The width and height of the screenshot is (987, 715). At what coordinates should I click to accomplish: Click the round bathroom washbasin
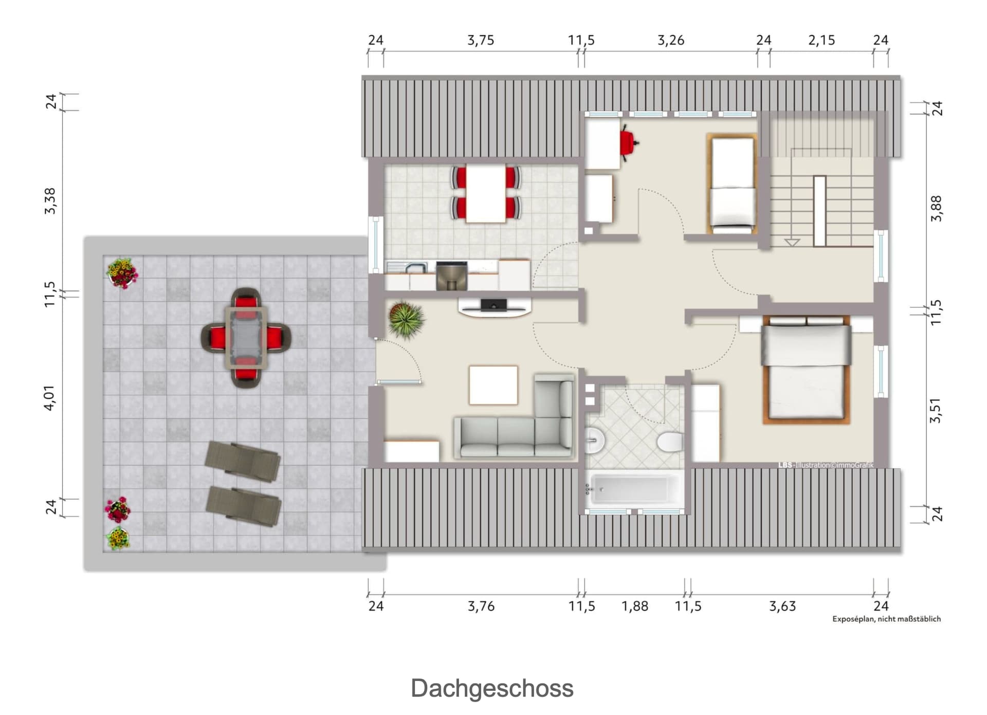coord(594,441)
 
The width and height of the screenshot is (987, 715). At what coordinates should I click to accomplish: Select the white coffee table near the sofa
coord(493,384)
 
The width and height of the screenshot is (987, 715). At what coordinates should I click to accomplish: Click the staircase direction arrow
coord(792,242)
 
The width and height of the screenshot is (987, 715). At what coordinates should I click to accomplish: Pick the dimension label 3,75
coord(481,40)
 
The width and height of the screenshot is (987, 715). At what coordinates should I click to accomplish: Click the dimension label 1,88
coord(635,606)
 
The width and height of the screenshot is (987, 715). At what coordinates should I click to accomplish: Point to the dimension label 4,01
coord(49,398)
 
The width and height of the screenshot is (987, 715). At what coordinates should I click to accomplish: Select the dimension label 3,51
coord(936,410)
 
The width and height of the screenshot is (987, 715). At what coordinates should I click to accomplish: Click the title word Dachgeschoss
coord(492,688)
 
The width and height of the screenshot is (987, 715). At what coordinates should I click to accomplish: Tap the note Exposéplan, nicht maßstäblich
coord(887,619)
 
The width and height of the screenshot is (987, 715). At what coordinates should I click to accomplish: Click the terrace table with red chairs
coord(246,338)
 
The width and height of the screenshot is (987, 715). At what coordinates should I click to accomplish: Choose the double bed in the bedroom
coord(806,370)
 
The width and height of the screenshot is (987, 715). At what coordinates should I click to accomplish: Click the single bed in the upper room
coord(732,184)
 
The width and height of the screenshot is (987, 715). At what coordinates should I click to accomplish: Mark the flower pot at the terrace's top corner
coord(122,273)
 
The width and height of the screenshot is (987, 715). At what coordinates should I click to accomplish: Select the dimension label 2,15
coord(821,40)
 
